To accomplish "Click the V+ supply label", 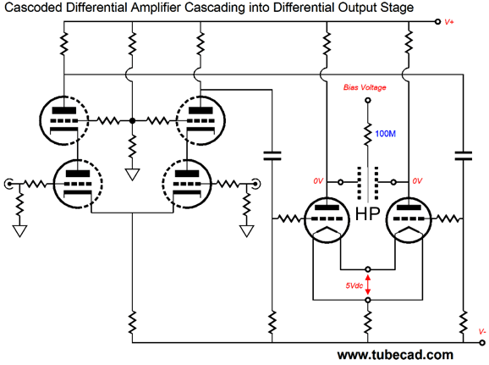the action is click(x=449, y=22).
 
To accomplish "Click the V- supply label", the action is click(x=482, y=332).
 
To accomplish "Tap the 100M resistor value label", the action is click(x=385, y=134).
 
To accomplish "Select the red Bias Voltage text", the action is click(x=365, y=87).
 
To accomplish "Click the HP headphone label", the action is click(x=368, y=214).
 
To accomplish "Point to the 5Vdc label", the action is click(x=354, y=285).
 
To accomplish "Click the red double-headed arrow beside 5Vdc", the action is click(x=368, y=285).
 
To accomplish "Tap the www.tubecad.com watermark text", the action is click(x=395, y=355).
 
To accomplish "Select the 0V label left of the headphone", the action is click(x=318, y=181).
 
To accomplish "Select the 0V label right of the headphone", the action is click(x=417, y=181).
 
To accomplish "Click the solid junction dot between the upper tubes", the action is click(x=133, y=120).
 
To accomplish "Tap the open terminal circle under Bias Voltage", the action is click(x=368, y=100).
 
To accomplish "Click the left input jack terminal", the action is click(x=8, y=184).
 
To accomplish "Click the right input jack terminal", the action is click(x=256, y=184).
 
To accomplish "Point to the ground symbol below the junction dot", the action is click(x=132, y=174).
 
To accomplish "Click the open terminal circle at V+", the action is click(x=438, y=21).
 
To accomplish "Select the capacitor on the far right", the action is click(x=464, y=156).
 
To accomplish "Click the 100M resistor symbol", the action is click(x=368, y=135).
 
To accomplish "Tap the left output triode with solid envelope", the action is click(x=327, y=220).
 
